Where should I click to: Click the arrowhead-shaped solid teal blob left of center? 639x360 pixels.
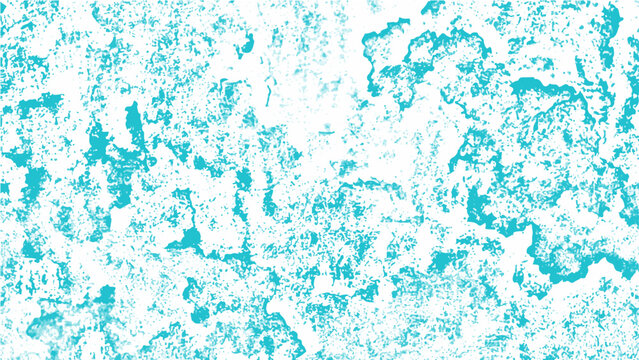(x=186, y=241)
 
